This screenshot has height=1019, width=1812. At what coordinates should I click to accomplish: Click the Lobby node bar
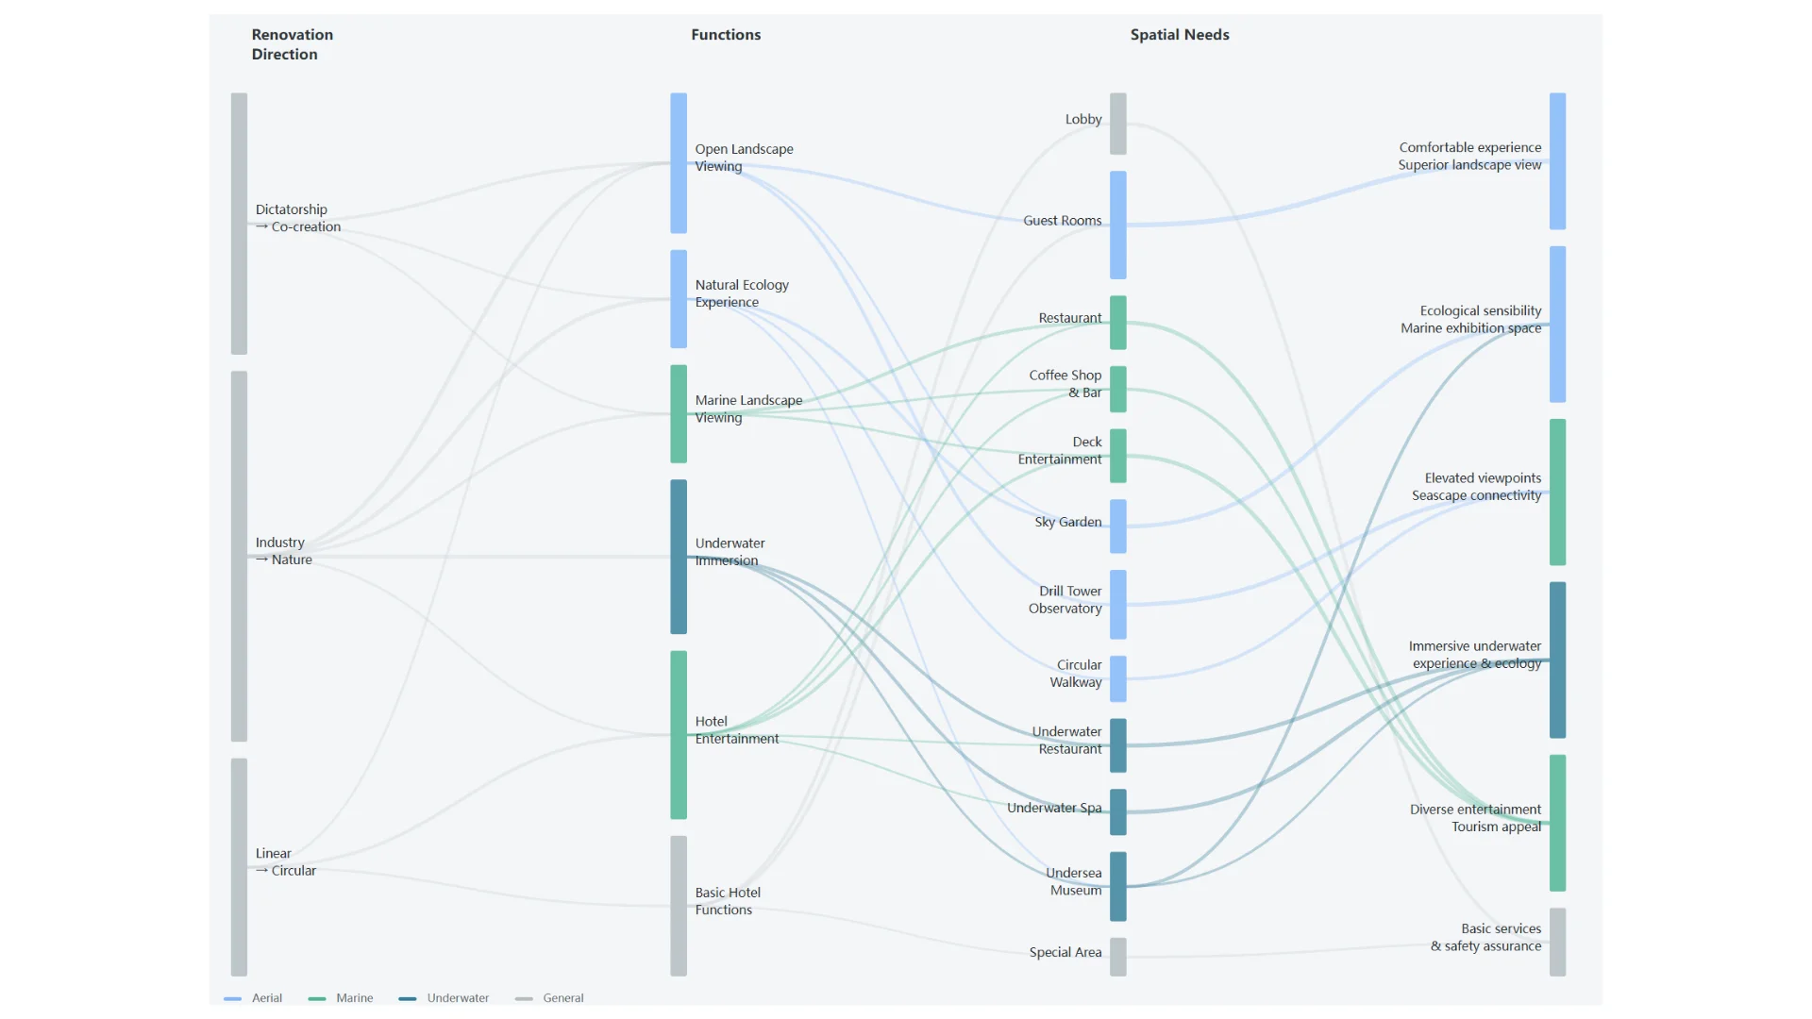[1117, 124]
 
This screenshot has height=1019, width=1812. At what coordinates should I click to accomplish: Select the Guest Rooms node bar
[1117, 225]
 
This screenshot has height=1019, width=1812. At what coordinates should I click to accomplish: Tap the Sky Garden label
[1067, 522]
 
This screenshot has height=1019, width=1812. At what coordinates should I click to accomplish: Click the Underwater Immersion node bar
[679, 557]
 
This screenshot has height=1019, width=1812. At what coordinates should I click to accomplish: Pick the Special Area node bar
[1117, 957]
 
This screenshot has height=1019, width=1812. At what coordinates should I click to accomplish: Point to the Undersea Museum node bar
[1117, 887]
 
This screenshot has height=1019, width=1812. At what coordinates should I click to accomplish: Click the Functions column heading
[726, 35]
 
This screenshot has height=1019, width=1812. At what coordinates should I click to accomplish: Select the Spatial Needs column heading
[1180, 35]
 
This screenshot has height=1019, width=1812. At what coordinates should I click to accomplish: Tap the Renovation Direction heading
[292, 44]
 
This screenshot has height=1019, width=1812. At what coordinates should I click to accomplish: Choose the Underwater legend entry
[444, 998]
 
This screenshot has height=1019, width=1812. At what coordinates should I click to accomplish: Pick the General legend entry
[549, 998]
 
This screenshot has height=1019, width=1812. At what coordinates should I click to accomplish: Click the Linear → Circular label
[285, 861]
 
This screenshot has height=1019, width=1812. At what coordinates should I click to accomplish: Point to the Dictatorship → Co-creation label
[297, 218]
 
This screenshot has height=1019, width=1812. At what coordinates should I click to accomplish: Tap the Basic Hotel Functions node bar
[679, 906]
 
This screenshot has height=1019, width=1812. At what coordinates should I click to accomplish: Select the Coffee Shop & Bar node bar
[1117, 389]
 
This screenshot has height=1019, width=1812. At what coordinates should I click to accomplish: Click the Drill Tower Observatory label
[1065, 600]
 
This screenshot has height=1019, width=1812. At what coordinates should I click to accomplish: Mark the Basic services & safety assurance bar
[1557, 943]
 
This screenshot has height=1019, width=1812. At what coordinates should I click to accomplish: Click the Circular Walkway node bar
[1117, 679]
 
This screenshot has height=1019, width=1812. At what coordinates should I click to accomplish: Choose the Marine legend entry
[341, 998]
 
